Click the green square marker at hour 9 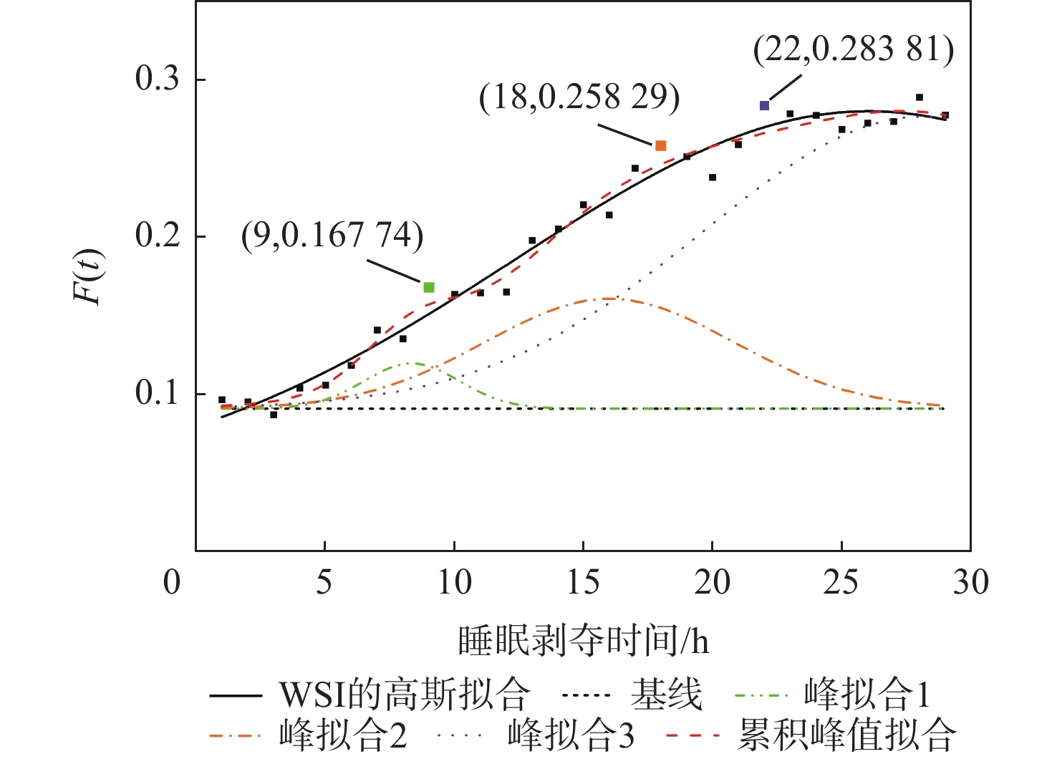pos(429,287)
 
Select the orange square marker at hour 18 pos(661,146)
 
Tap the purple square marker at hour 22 pos(764,105)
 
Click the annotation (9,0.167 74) pos(332,235)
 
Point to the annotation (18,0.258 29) pos(579,97)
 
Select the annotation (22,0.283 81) pos(854,49)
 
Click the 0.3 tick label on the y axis pos(158,79)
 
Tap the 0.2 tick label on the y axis pos(158,236)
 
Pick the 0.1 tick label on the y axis pos(158,394)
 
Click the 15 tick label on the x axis pos(583,583)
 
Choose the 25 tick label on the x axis pos(841,583)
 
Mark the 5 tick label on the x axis pos(324,583)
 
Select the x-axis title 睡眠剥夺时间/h pos(584,641)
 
